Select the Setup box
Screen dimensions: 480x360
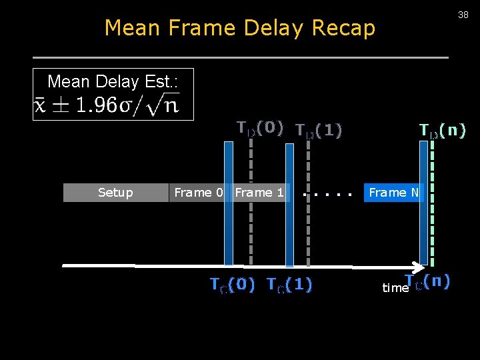[115, 193]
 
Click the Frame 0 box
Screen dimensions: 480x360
[197, 193]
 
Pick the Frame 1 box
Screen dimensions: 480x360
[259, 193]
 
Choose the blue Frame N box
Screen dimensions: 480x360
[393, 193]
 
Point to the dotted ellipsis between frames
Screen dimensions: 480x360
[327, 195]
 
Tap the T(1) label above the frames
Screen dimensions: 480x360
[319, 131]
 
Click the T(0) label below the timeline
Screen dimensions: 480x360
[233, 285]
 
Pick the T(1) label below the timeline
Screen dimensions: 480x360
[289, 285]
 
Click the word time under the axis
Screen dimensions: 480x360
[395, 288]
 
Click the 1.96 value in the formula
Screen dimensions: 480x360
[93, 105]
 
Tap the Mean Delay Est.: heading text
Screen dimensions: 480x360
[112, 82]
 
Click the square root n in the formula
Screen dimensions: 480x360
[165, 105]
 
